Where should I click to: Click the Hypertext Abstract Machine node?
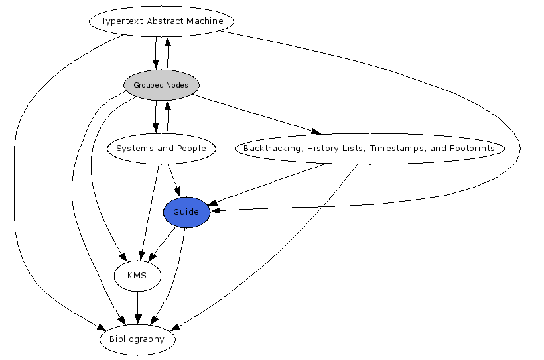[x=161, y=21]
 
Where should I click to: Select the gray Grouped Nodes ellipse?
[x=161, y=85]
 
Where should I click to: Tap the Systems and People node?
[x=161, y=148]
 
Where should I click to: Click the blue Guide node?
[x=186, y=212]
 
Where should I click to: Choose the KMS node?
[x=137, y=276]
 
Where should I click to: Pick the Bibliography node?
[x=137, y=339]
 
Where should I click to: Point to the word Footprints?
[x=472, y=148]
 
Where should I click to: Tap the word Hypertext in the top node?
[x=117, y=21]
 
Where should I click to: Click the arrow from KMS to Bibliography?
[x=137, y=308]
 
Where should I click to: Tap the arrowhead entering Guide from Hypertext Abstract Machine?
[x=216, y=210]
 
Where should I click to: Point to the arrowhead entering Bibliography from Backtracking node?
[x=176, y=328]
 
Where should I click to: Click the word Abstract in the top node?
[x=162, y=21]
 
